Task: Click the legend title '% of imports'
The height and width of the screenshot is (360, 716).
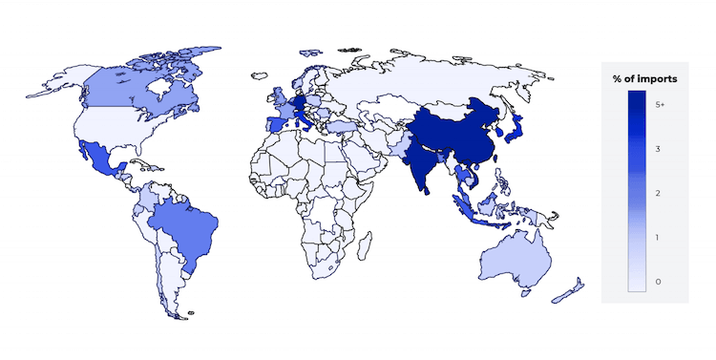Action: click(x=644, y=78)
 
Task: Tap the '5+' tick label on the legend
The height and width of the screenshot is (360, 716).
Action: click(x=661, y=102)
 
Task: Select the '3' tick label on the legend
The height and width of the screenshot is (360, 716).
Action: click(x=659, y=150)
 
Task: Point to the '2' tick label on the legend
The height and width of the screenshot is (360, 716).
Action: click(x=659, y=193)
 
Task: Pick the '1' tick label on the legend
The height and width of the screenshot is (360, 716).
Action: click(x=659, y=237)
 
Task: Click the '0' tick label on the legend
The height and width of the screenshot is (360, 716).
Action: click(x=659, y=282)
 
